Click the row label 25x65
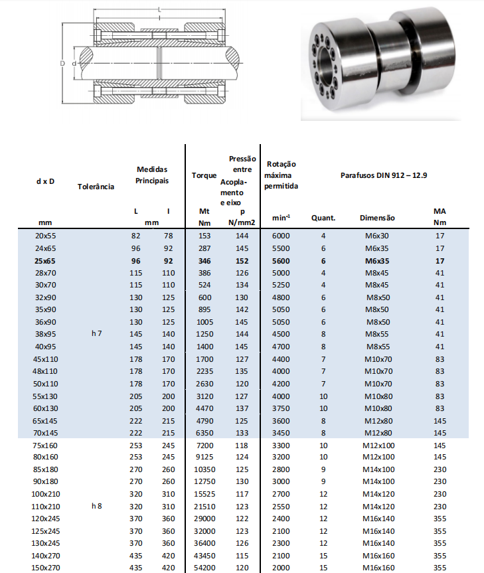pyautogui.click(x=44, y=261)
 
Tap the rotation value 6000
pyautogui.click(x=281, y=236)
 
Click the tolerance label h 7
pyautogui.click(x=97, y=334)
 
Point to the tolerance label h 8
pyautogui.click(x=97, y=506)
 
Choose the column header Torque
pyautogui.click(x=204, y=176)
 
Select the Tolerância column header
pyautogui.click(x=96, y=187)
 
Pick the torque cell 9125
pyautogui.click(x=204, y=457)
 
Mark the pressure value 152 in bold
pyautogui.click(x=242, y=261)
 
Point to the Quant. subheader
pyautogui.click(x=323, y=217)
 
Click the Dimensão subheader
pyautogui.click(x=377, y=217)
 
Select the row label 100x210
pyautogui.click(x=44, y=494)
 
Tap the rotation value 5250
pyautogui.click(x=281, y=285)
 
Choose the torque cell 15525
pyautogui.click(x=204, y=494)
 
